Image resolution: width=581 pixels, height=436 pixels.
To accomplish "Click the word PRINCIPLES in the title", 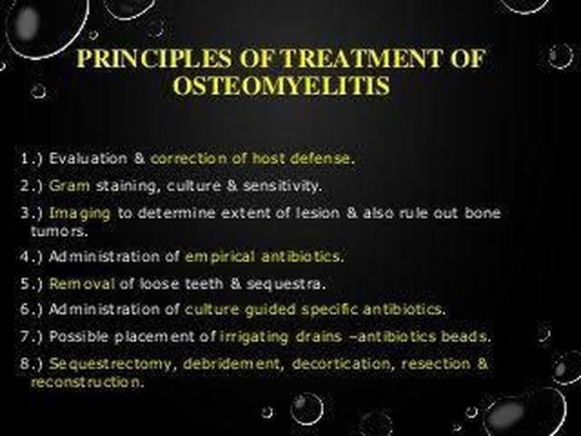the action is tap(155, 59).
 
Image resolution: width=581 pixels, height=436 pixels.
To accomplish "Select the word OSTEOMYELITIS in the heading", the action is tap(281, 86).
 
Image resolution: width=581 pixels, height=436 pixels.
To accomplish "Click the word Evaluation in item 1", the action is tap(88, 158).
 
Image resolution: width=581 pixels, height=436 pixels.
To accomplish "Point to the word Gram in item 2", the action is tap(69, 186).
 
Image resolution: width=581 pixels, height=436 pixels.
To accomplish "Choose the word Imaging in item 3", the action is tap(79, 214).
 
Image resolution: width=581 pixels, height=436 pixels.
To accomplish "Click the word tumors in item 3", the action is tap(59, 232).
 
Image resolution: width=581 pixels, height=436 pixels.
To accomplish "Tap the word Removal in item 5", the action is tap(82, 284).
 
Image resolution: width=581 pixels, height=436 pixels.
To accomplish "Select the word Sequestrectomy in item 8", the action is tap(110, 364).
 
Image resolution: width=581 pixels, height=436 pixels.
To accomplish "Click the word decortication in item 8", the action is tap(341, 364).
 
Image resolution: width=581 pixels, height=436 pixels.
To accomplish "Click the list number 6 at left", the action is tap(25, 309).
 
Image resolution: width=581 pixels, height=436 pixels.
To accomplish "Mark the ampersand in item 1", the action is tap(139, 158).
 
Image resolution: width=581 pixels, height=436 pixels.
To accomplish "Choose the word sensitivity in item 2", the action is tap(280, 186).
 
